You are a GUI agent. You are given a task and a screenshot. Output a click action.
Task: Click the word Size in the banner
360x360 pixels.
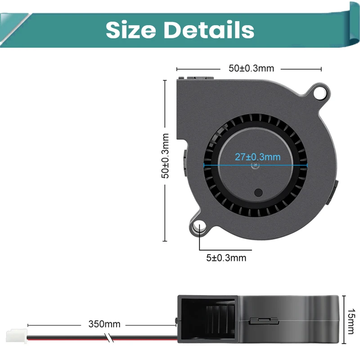click(x=130, y=30)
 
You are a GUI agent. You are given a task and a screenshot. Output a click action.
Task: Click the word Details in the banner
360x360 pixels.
click(x=208, y=30)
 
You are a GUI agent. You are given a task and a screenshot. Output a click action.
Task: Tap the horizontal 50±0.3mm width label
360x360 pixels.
click(x=251, y=68)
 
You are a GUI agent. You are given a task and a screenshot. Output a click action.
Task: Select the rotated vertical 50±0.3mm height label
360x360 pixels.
click(x=165, y=156)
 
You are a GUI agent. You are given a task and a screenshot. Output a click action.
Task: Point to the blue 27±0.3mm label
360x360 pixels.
click(x=257, y=157)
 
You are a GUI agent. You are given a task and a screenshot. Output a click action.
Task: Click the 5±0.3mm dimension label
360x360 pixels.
click(x=226, y=258)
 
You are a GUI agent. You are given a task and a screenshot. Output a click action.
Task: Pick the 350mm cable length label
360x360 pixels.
click(x=104, y=324)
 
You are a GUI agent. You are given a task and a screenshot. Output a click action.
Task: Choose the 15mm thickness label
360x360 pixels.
click(x=351, y=321)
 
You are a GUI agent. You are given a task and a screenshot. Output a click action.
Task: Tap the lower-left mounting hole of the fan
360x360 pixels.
click(x=199, y=227)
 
